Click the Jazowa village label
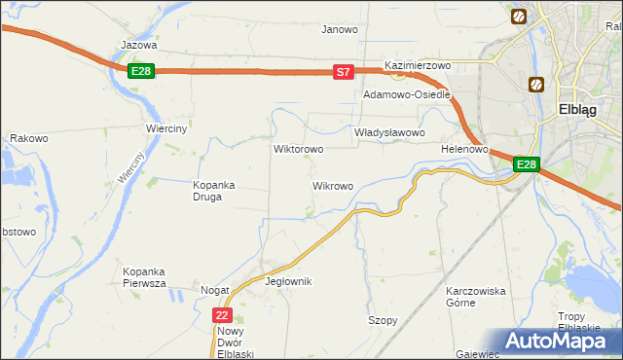(138, 45)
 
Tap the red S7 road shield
(343, 72)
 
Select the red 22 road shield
(223, 315)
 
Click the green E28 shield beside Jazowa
(141, 71)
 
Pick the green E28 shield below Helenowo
(526, 164)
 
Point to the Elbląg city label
(584, 110)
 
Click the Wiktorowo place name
(298, 150)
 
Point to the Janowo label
(340, 29)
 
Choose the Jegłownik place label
(288, 281)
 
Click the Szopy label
(383, 320)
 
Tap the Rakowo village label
(29, 138)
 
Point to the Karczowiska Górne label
(475, 296)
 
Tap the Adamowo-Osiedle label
(406, 95)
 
